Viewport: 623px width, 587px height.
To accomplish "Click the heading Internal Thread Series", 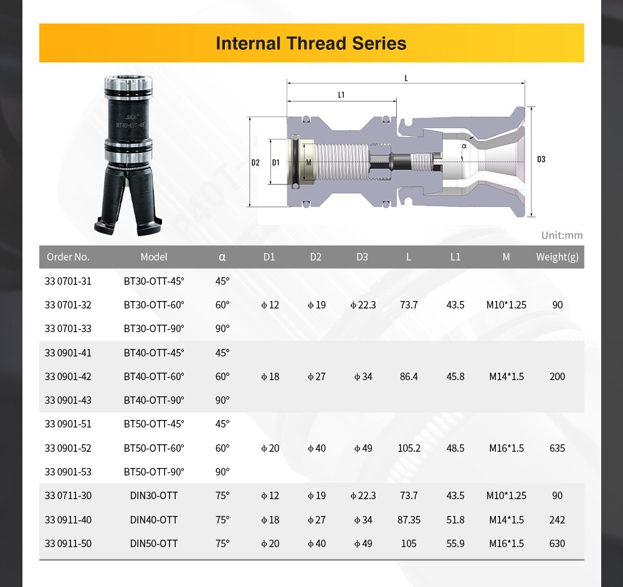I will pos(311,43).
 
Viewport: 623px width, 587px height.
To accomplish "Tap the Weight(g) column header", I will pos(557,257).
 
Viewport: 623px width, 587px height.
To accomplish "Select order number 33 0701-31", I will pos(68,281).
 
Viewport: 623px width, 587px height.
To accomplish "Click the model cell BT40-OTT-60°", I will pos(154,376).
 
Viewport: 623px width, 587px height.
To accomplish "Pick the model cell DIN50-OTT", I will pos(154,543).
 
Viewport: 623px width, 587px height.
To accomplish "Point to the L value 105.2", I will pos(409,448).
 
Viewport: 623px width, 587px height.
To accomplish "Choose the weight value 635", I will pos(557,448).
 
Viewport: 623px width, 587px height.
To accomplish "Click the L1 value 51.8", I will pos(455,520).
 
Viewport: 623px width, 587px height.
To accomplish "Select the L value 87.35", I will pos(409,520).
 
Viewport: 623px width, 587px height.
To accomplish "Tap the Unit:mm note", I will pos(562,235).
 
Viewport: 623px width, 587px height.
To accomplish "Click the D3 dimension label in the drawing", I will pos(541,160).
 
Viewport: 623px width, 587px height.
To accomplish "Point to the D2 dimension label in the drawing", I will pos(255,163).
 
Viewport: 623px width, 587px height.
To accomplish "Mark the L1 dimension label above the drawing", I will pos(341,95).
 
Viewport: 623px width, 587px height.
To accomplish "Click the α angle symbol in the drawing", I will pos(464,146).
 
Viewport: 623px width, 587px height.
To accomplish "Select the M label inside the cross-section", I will pos(308,163).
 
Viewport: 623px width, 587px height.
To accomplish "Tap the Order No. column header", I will pos(68,257).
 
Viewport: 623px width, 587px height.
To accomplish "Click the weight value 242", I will pos(557,520).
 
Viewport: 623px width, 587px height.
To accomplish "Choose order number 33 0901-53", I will pos(68,472).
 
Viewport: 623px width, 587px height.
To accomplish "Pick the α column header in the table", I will pos(222,257).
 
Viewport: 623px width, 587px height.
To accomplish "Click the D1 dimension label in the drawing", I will pos(276,163).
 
